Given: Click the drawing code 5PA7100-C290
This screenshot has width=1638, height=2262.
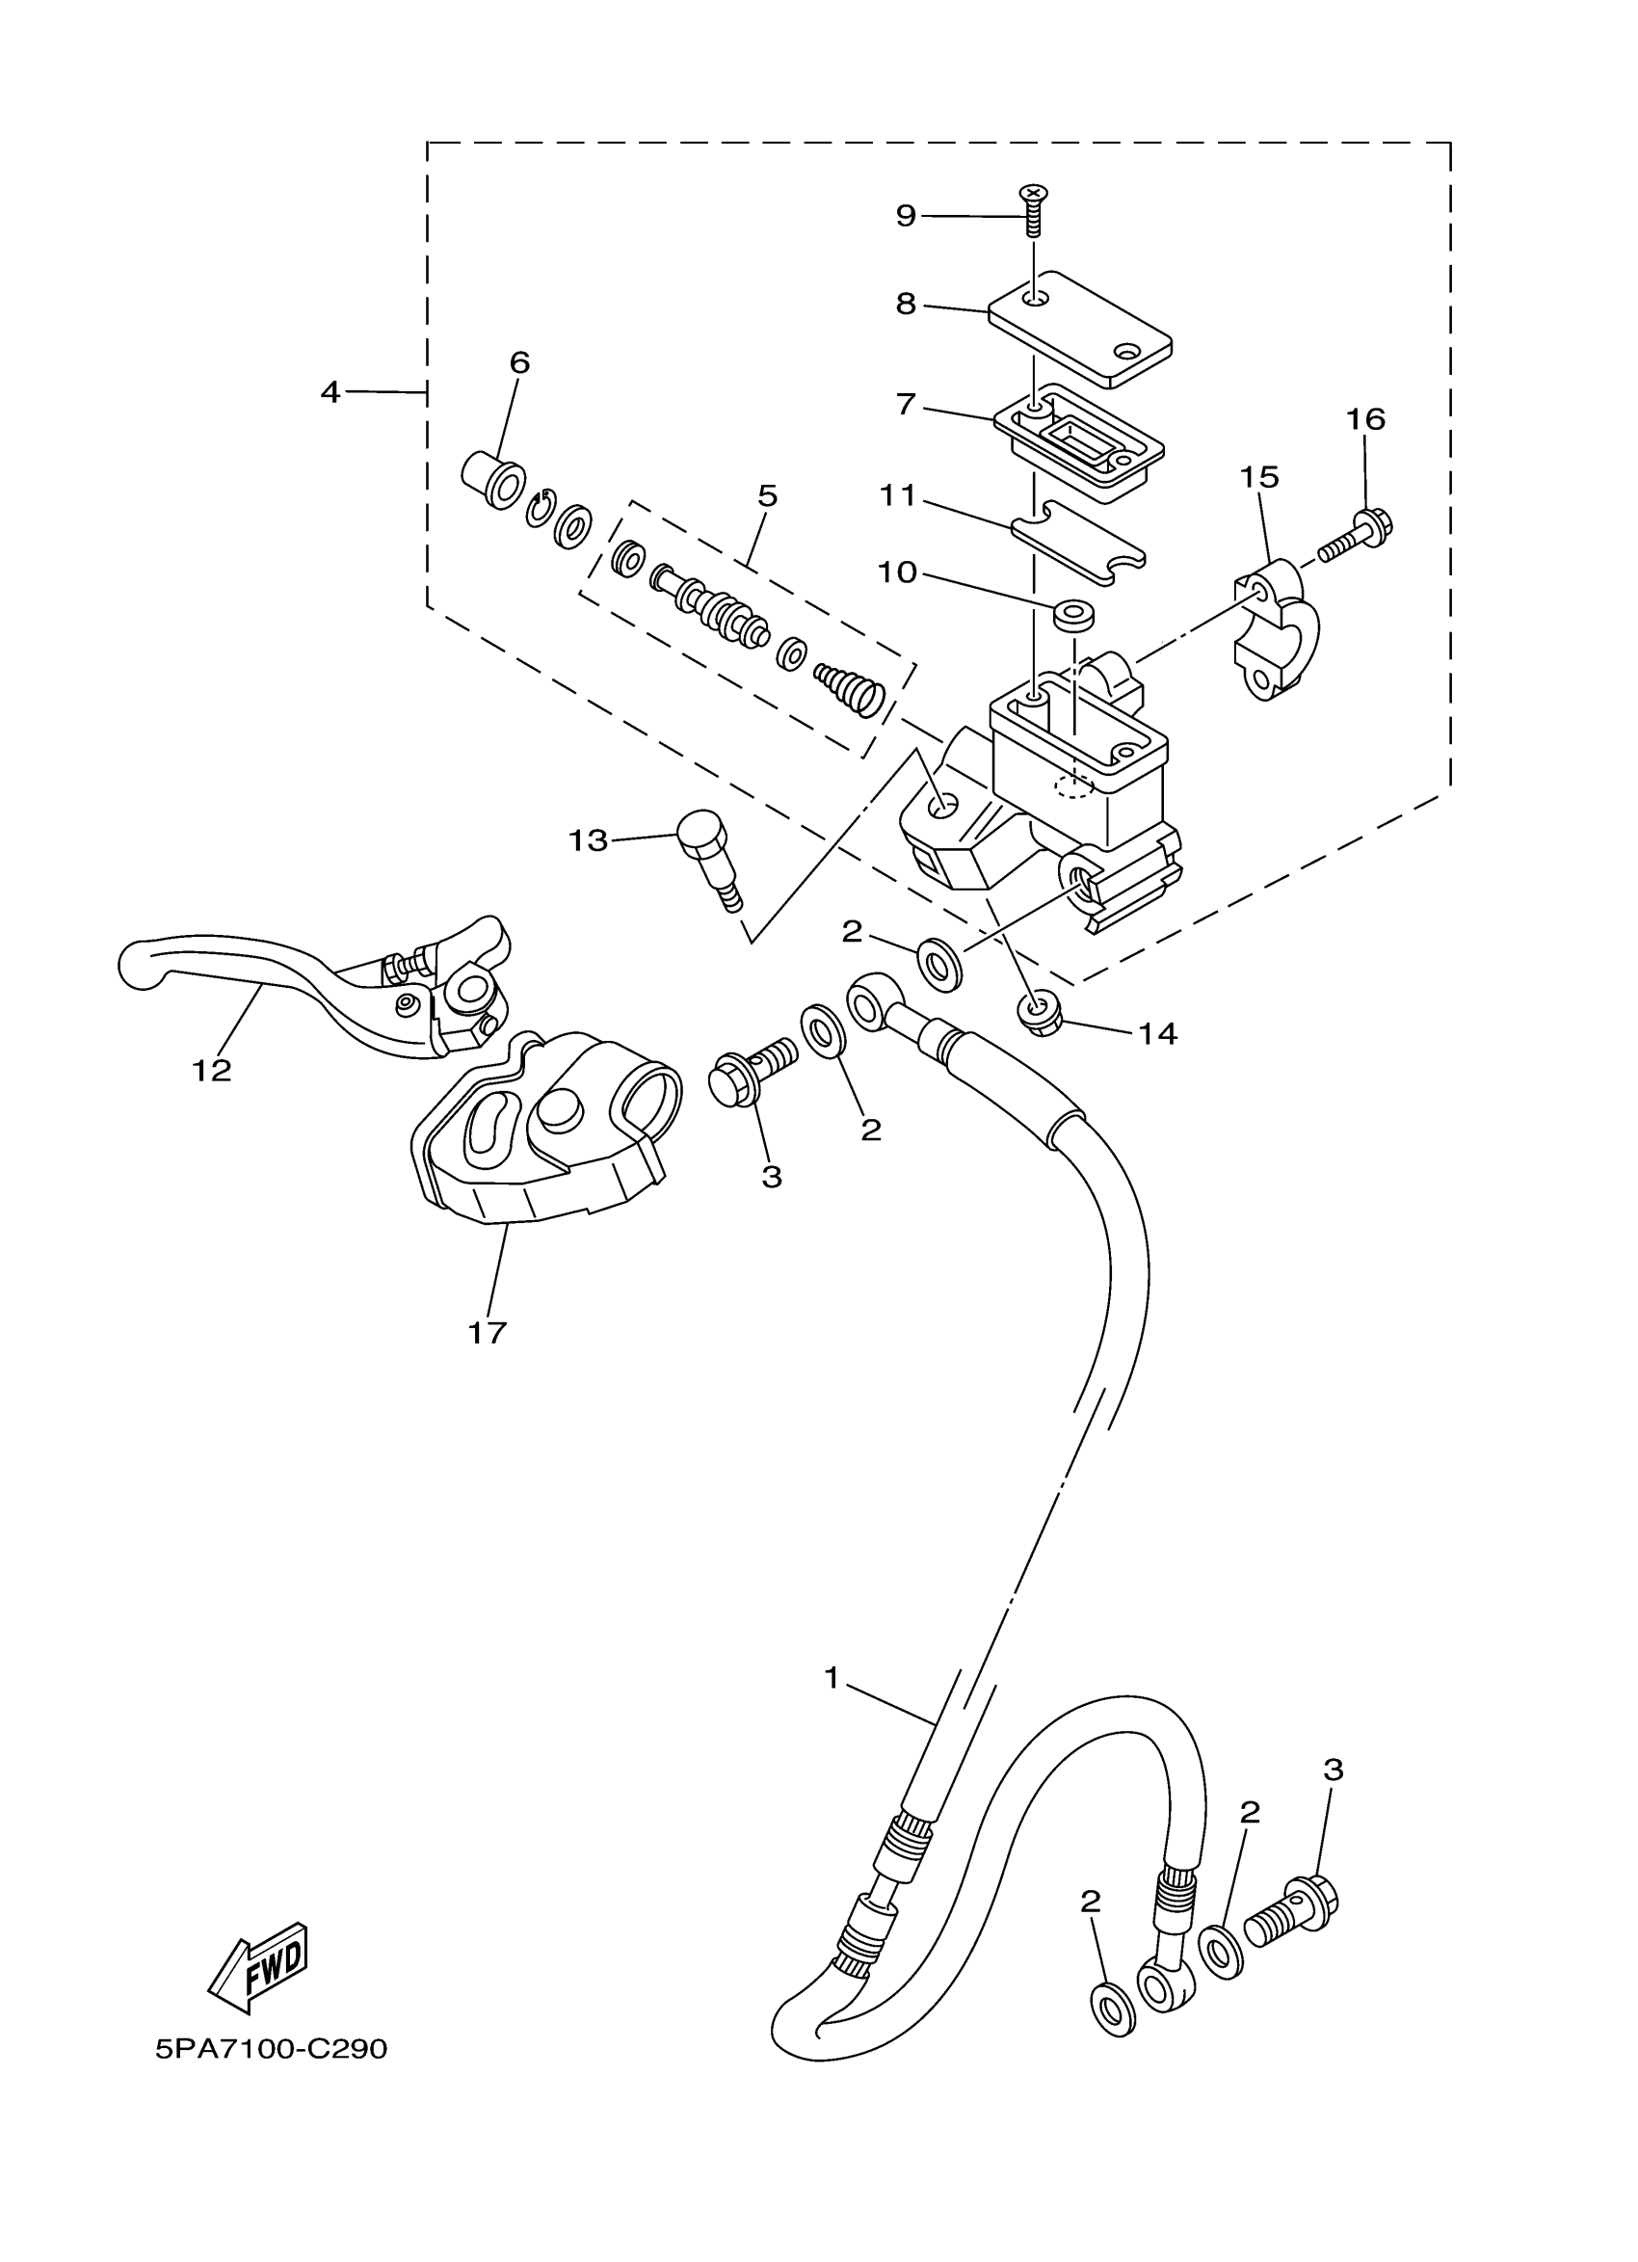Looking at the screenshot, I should [x=271, y=2051].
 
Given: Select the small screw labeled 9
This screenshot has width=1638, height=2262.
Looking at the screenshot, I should [x=1034, y=209].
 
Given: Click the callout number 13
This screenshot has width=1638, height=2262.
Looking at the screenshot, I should [x=588, y=840].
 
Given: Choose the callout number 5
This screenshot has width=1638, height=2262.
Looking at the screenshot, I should [x=767, y=495].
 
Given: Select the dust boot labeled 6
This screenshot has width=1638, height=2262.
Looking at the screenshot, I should [x=494, y=480].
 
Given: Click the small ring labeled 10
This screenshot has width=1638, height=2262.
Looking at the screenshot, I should [x=1072, y=612].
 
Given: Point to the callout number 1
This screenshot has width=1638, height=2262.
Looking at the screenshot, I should [x=833, y=1679].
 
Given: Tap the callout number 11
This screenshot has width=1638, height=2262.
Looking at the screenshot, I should [x=897, y=494].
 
